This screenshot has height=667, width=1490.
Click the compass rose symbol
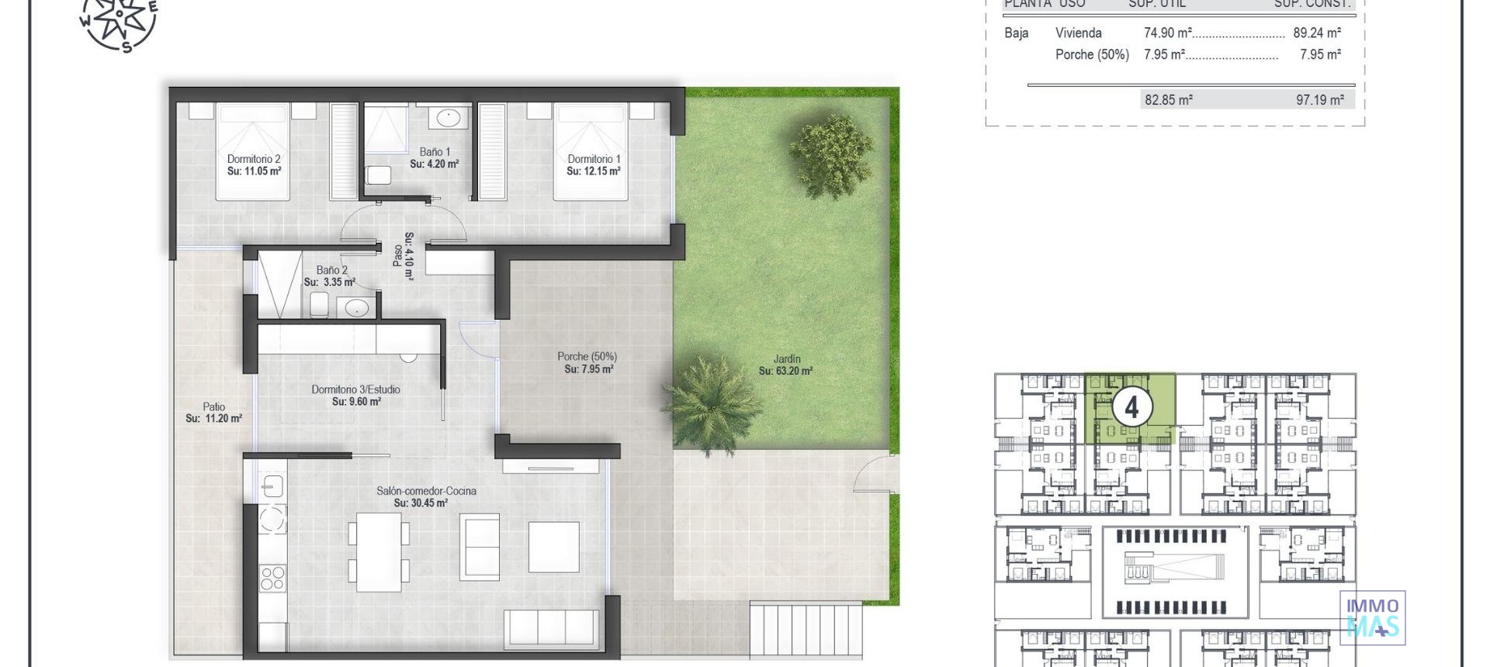tap(119, 20)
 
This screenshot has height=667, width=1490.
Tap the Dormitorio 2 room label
tap(254, 159)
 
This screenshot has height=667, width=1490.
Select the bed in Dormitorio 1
tap(591, 151)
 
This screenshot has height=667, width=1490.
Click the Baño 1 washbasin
tap(449, 118)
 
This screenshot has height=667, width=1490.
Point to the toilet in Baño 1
tap(379, 175)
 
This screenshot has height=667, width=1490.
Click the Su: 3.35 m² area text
tap(330, 282)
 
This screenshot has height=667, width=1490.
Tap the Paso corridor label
tap(397, 256)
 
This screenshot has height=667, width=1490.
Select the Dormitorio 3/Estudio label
tap(356, 389)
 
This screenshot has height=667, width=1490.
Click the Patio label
tap(214, 406)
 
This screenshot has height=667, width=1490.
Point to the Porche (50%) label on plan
tap(587, 357)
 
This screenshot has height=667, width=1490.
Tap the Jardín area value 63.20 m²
tap(785, 372)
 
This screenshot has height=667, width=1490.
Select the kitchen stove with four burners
tap(272, 579)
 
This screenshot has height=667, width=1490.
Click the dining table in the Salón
tap(379, 551)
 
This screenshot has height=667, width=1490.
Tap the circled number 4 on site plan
tap(1131, 406)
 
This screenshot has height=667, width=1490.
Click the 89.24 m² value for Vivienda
tap(1317, 33)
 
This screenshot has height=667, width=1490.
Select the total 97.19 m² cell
tap(1320, 100)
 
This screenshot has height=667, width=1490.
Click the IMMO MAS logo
tap(1372, 617)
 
